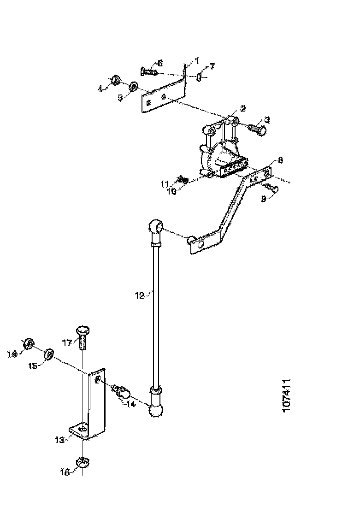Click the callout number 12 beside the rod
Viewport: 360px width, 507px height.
tap(140, 295)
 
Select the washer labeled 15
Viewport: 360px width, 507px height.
tap(48, 355)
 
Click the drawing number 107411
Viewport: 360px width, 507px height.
tap(286, 395)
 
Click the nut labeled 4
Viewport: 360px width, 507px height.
tap(116, 80)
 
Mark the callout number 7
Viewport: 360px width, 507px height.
tap(212, 66)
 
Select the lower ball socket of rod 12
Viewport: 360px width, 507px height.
tap(156, 408)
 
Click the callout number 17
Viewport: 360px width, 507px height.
tap(67, 342)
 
